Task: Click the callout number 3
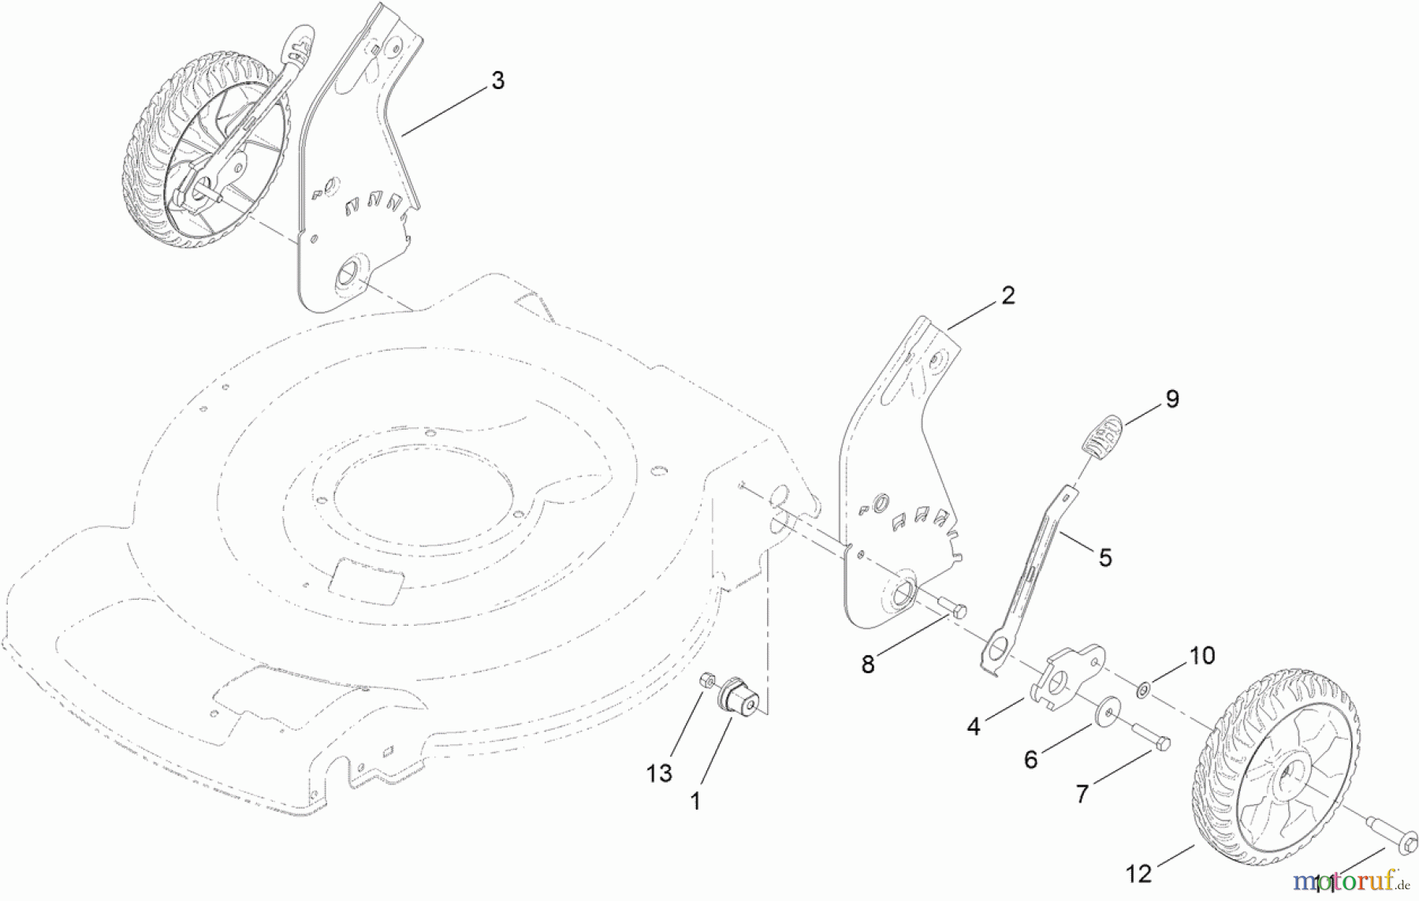click(x=497, y=80)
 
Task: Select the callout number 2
click(x=1007, y=296)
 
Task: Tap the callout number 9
click(x=1172, y=399)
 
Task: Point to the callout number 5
click(x=1105, y=558)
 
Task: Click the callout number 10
click(x=1202, y=655)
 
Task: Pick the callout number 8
click(x=868, y=665)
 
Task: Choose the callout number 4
click(x=974, y=726)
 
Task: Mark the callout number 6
click(x=1031, y=759)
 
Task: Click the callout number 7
click(x=1082, y=794)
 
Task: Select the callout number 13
click(x=659, y=773)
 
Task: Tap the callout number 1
click(x=695, y=802)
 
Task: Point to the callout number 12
click(x=1139, y=873)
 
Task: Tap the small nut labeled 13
click(x=708, y=679)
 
